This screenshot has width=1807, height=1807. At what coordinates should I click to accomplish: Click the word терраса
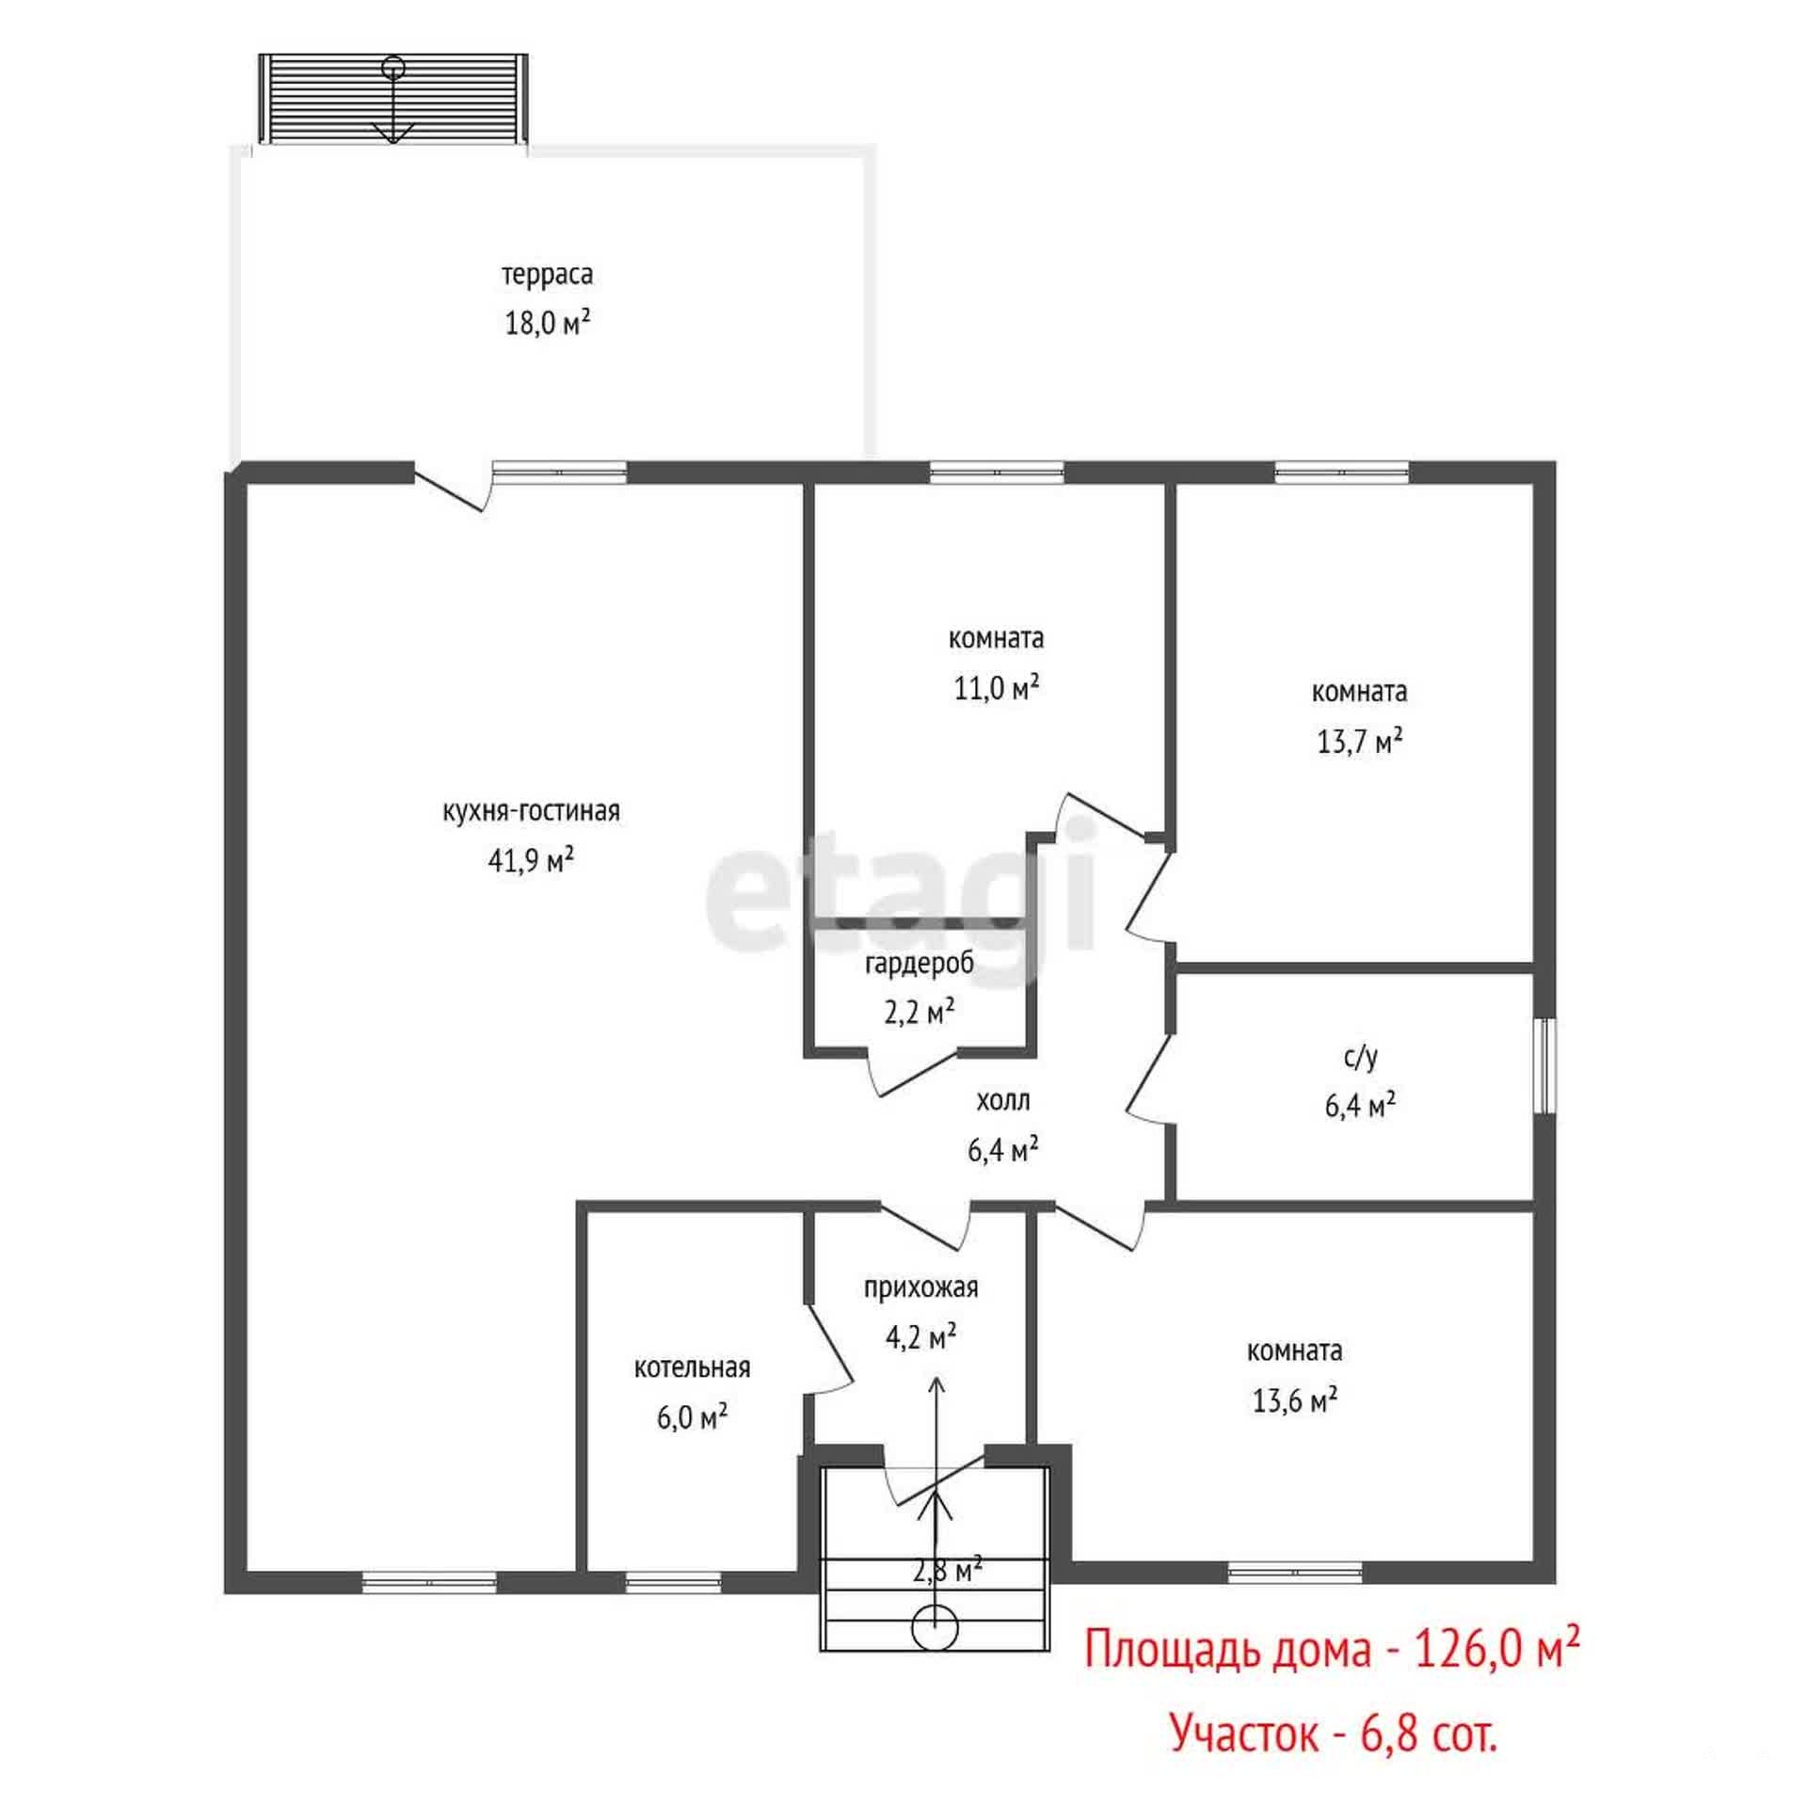tap(547, 275)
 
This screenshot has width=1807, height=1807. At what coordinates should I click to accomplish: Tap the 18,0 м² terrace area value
tap(548, 323)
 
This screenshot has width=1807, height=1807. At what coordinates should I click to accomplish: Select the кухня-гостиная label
tap(531, 811)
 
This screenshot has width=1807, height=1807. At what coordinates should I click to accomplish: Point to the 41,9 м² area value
tap(531, 859)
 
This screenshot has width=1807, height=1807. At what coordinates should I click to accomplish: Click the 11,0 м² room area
tap(997, 688)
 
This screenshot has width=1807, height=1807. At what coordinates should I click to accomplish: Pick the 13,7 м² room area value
tap(1360, 742)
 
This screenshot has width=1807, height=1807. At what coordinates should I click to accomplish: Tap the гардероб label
tap(919, 964)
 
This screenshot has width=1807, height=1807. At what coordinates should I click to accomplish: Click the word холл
tap(1003, 1100)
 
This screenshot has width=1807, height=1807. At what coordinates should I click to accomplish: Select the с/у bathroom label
tap(1360, 1058)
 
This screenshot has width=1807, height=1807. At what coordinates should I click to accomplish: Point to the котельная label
tap(692, 1367)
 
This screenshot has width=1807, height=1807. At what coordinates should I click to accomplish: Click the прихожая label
tap(921, 1287)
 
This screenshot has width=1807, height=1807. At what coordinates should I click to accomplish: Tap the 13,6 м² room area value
tap(1295, 1400)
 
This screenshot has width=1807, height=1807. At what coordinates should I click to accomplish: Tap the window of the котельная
tap(673, 1583)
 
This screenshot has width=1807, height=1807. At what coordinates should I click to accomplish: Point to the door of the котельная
tap(828, 1349)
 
